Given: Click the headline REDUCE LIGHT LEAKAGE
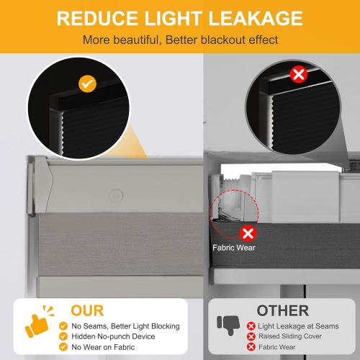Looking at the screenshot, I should point(180,17).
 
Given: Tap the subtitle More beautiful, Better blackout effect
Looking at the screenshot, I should point(180,39).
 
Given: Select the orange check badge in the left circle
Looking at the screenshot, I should point(87,84).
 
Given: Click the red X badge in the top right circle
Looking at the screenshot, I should point(297,74).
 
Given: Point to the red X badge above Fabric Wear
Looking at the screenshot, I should point(249,232).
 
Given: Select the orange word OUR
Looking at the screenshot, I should point(87,310).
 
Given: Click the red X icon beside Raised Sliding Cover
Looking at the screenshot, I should point(251,337).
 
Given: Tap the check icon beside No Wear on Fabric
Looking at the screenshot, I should point(64,349).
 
